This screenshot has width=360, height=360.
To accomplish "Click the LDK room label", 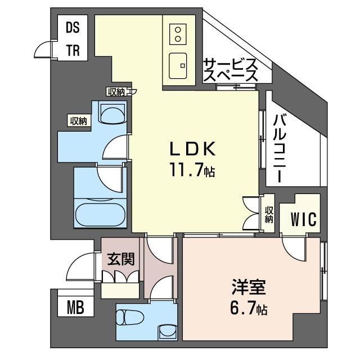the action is pos(192,148).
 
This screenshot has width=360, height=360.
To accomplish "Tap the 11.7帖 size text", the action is pos(192,169).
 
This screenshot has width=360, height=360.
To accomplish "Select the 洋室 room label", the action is pos(249,287).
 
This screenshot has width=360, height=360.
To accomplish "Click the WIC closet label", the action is pos(304,219).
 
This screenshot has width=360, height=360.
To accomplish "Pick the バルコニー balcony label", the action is pos(280,148).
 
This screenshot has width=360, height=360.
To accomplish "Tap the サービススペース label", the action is pos(231,70).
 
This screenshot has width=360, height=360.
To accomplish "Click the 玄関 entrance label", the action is pos(121,259).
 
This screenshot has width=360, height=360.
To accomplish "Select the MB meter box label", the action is pos(75,307).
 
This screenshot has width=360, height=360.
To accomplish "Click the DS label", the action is pos(73,28).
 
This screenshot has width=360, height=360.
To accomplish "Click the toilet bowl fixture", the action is pos(130,317).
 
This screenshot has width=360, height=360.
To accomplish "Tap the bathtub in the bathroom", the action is pos(100,213).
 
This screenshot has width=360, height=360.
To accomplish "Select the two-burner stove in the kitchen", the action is pos(178,34).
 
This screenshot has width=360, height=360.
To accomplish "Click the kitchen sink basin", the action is pos(178,66).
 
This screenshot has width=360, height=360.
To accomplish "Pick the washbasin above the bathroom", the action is pos(112,114).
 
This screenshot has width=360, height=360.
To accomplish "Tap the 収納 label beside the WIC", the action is pos(269,214).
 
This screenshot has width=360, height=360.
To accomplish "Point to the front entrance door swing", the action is pos(79,262).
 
